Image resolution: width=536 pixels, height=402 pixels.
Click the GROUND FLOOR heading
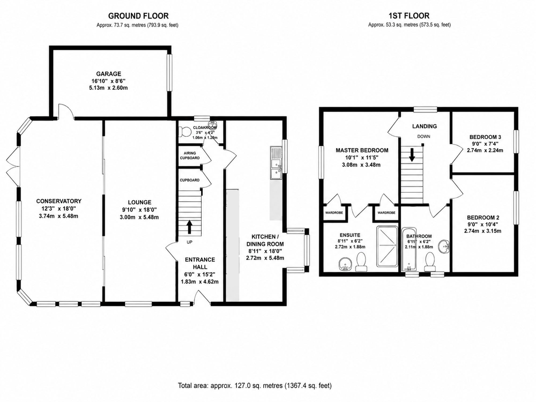[138, 16]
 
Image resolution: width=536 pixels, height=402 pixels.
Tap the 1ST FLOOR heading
[409, 16]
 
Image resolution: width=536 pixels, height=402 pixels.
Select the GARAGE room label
[109, 74]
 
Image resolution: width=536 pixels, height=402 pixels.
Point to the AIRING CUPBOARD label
[190, 155]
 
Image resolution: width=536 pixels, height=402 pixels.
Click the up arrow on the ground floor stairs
[189, 227]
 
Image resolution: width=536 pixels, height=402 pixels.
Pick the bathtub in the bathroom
[409, 250]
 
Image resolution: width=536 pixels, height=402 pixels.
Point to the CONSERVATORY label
[59, 201]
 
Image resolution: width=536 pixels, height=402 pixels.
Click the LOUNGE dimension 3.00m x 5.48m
[139, 217]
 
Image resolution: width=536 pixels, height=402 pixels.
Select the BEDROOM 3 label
[485, 137]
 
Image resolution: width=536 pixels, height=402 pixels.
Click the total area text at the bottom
[255, 385]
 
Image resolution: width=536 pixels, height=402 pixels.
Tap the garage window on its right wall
[169, 73]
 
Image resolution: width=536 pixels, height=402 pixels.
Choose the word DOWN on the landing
[424, 136]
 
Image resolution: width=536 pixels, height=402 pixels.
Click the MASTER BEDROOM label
[362, 150]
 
